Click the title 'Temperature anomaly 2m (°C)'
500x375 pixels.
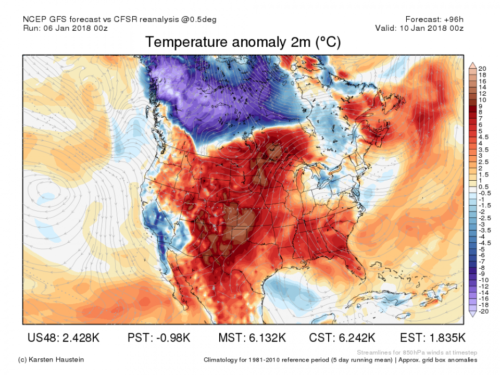(x=243, y=42)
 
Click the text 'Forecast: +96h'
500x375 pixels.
(x=434, y=19)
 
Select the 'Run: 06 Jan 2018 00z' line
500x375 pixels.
(x=67, y=28)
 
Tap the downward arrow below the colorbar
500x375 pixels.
(x=472, y=315)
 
